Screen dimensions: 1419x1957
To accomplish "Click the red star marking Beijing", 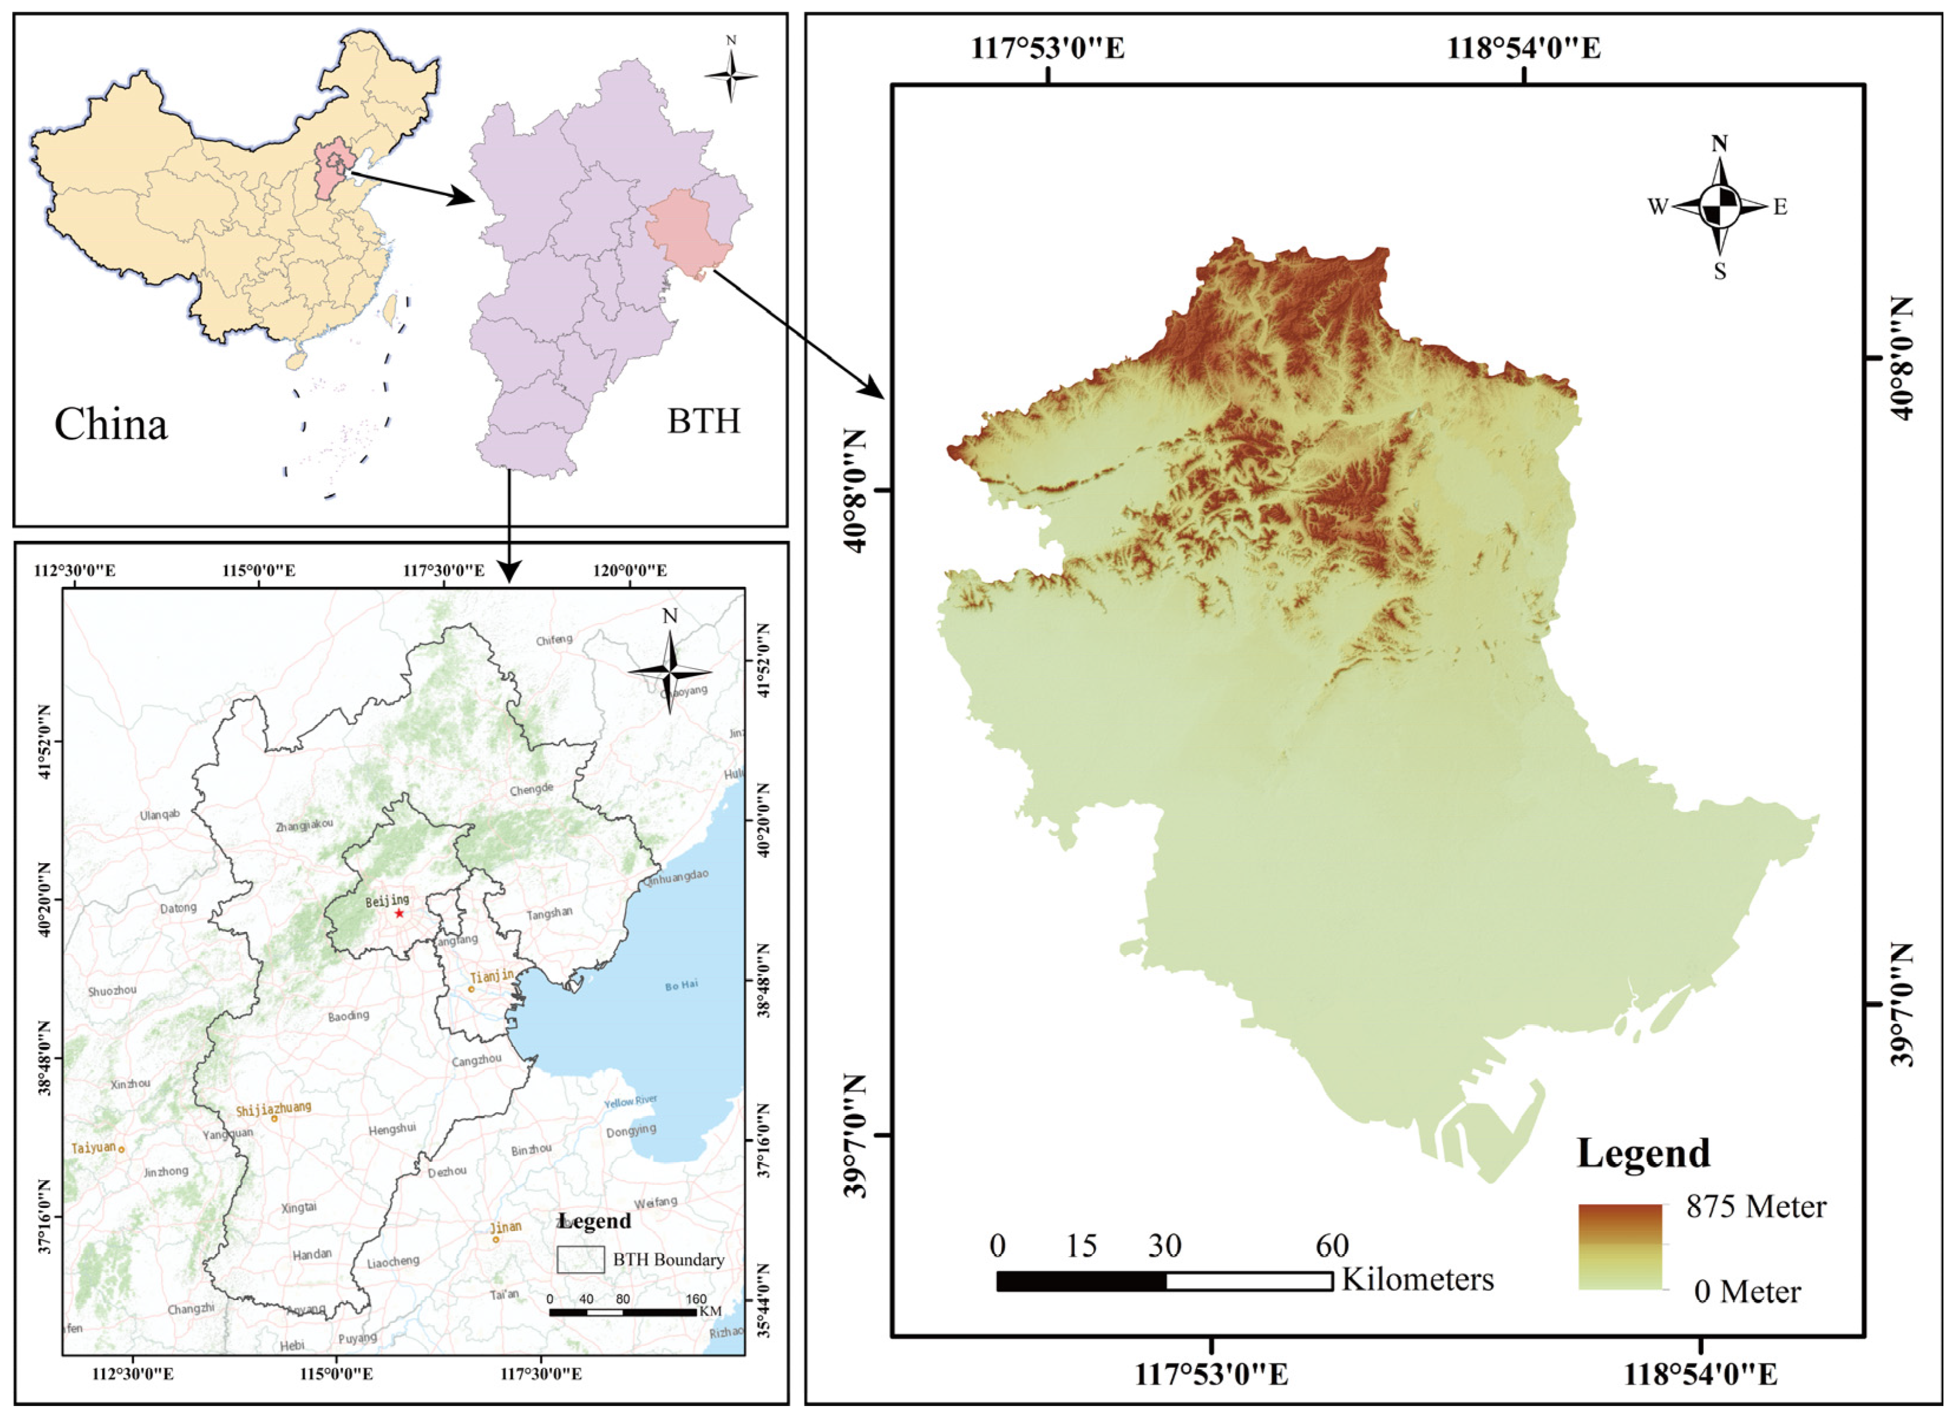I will pos(399,913).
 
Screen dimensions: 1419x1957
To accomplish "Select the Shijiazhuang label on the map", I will pos(274,1108).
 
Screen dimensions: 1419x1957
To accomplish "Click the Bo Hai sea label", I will pos(681,985).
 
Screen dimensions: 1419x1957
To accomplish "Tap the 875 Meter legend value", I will pos(1756,1207).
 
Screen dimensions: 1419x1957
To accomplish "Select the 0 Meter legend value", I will pos(1748,1292).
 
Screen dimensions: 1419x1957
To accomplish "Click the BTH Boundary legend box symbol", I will pos(580,1259).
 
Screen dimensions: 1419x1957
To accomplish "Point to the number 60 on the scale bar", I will pos(1332,1246).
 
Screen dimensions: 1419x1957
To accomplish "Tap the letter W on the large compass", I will pos(1657,207).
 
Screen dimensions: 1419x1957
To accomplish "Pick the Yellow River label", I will pos(630,1102).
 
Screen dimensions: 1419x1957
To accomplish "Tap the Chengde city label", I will pos(530,789).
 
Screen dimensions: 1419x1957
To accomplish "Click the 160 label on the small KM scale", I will pos(696,1299).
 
